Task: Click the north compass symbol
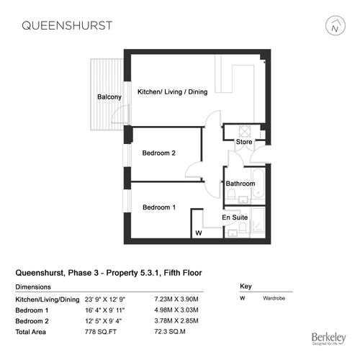[x=336, y=26]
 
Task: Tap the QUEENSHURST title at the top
[x=67, y=26]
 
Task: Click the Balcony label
[x=109, y=97]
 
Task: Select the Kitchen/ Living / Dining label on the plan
[x=172, y=91]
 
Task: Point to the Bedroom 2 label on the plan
[x=158, y=153]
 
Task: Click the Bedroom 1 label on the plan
[x=159, y=207]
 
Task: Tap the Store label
[x=244, y=142]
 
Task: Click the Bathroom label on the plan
[x=240, y=184]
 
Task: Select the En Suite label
[x=235, y=217]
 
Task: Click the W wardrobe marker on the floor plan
[x=199, y=233]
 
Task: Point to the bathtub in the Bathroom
[x=258, y=184]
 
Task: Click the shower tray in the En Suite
[x=258, y=220]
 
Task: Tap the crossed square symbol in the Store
[x=245, y=132]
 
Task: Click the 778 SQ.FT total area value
[x=101, y=332]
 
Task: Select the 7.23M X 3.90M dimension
[x=176, y=300]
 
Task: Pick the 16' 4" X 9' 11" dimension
[x=105, y=310]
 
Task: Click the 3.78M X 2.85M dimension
[x=176, y=321]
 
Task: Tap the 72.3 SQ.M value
[x=170, y=332]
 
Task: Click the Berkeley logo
[x=328, y=338]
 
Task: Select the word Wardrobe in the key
[x=274, y=298]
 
